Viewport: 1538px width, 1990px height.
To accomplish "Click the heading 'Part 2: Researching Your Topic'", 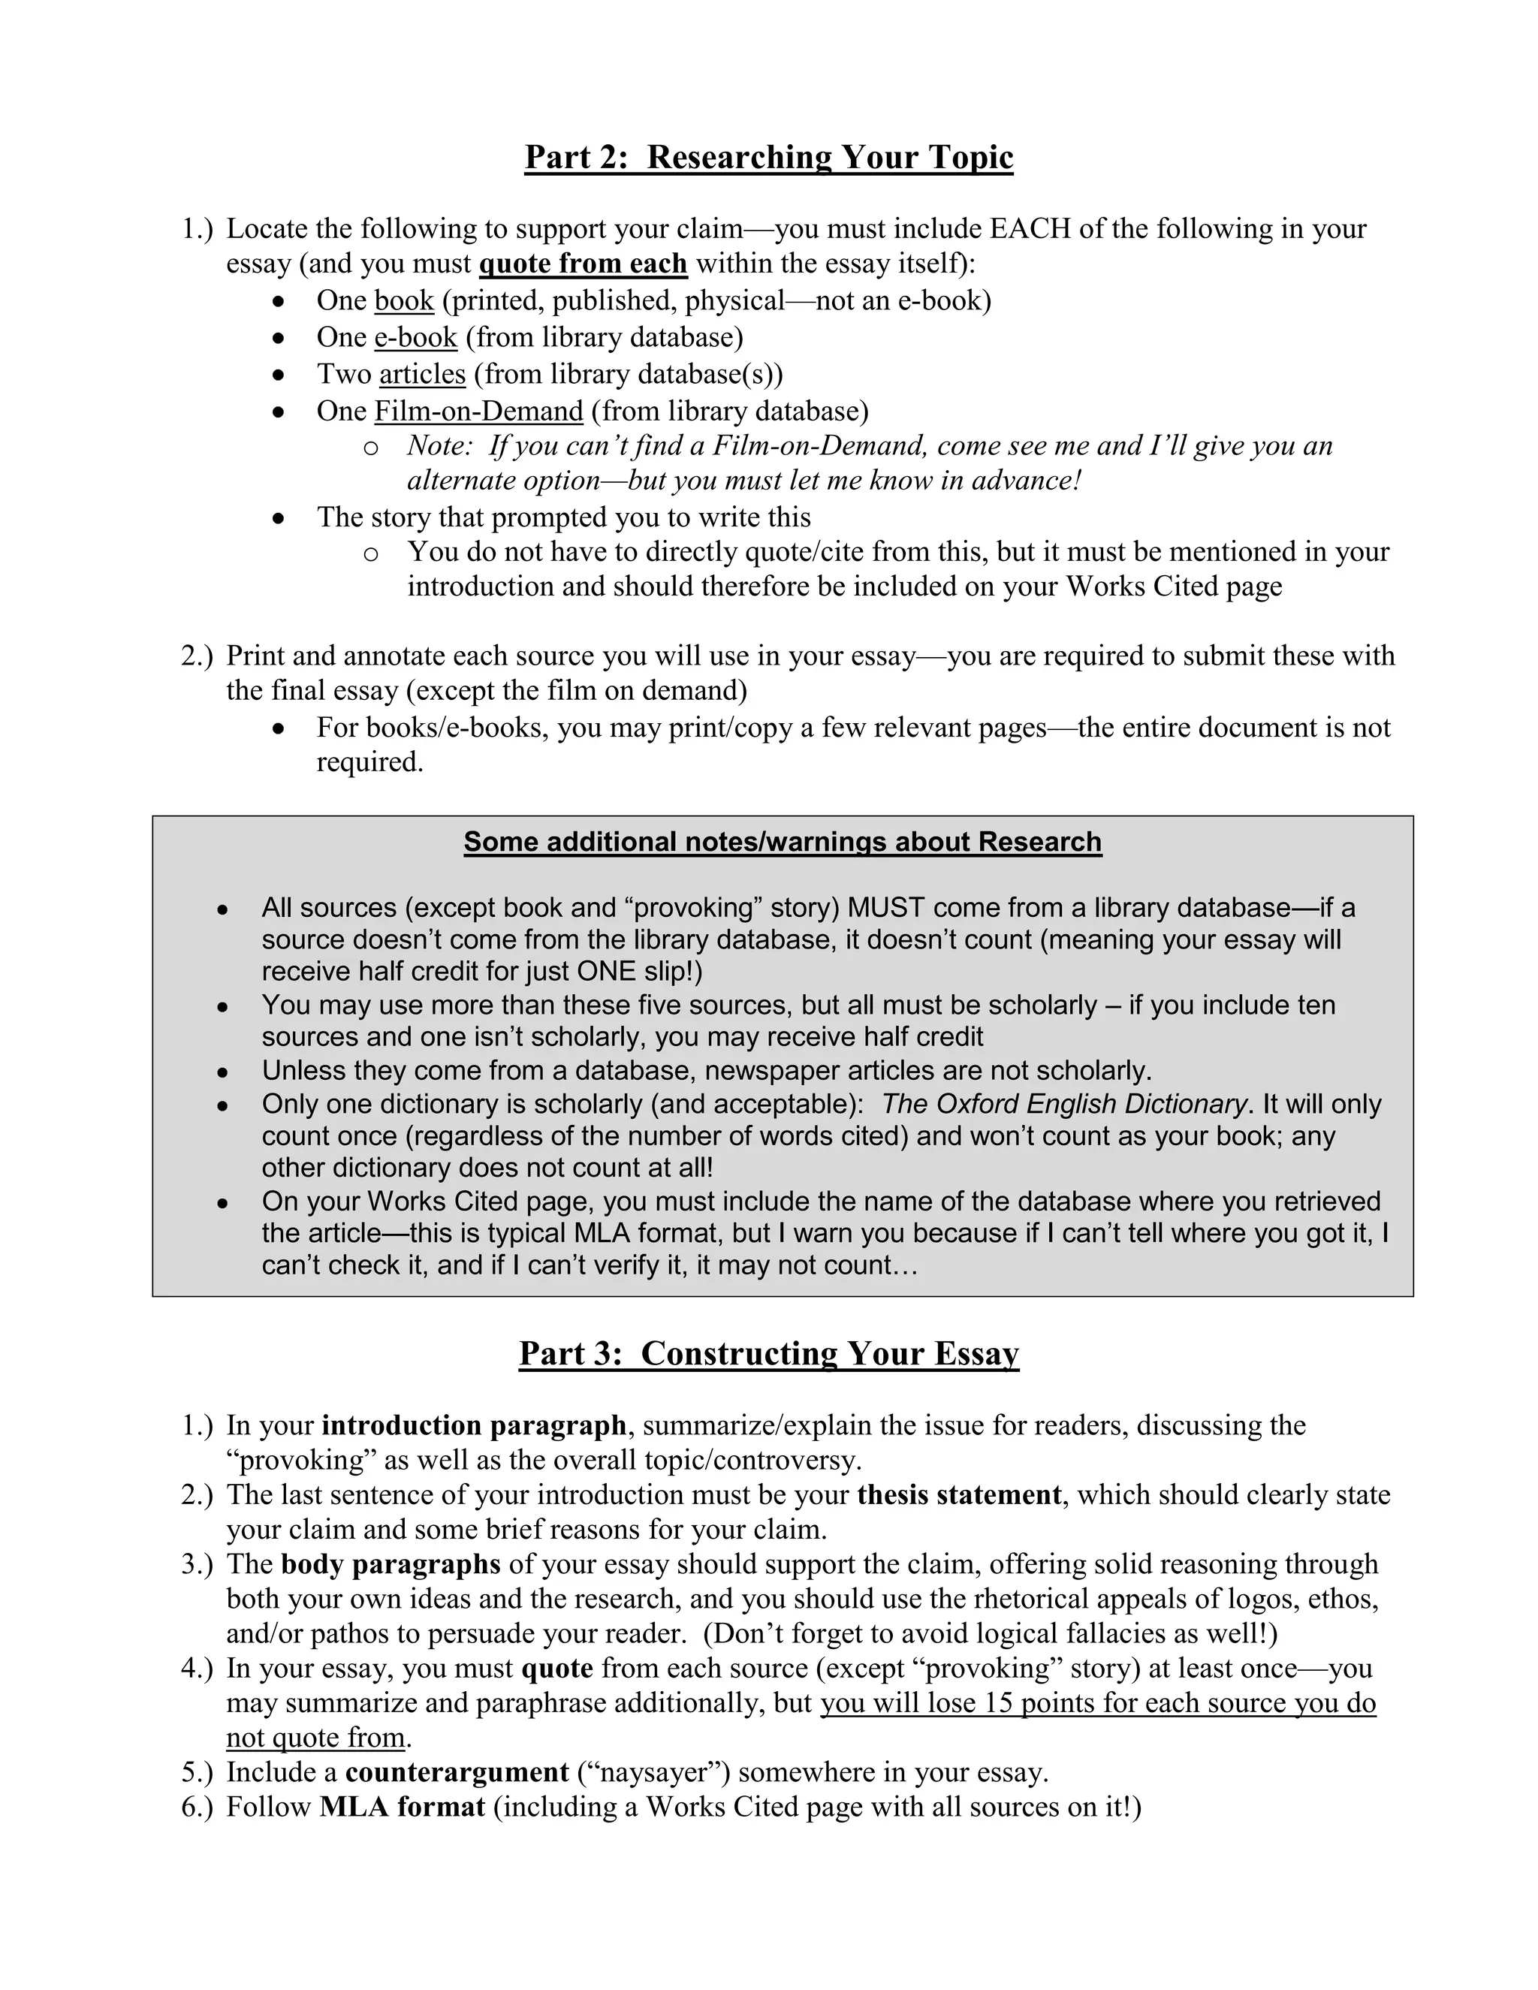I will pos(768,158).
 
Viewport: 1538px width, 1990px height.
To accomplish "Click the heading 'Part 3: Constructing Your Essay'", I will pos(768,1353).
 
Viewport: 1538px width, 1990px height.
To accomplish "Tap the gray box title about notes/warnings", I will pos(782,841).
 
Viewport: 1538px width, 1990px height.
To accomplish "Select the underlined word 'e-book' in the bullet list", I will pos(415,337).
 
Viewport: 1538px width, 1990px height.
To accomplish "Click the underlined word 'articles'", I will pos(422,375).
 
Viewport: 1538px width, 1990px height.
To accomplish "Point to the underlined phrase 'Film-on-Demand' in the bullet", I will pos(478,411).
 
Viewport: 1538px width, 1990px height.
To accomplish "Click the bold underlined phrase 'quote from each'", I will pos(582,264).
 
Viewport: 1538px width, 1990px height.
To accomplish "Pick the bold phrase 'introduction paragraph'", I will pos(474,1425).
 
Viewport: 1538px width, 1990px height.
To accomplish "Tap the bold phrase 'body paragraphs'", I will pos(391,1563).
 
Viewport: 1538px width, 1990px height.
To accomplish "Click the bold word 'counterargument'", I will pos(457,1771).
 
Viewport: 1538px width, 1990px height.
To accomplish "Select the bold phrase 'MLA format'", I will pos(402,1806).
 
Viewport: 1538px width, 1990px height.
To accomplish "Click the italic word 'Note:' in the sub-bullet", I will pos(439,445).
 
